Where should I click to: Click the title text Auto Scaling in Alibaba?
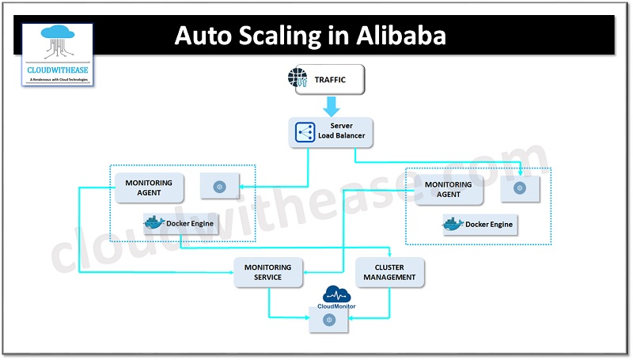tap(309, 36)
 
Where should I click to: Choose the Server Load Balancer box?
tap(331, 131)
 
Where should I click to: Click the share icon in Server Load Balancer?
tap(305, 131)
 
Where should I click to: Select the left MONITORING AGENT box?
tap(149, 188)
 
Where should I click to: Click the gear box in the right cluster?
tap(519, 188)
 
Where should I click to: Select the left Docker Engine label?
tap(189, 223)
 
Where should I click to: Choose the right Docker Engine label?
tap(488, 225)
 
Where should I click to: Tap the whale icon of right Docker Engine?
tap(453, 224)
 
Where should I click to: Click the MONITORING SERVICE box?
tap(269, 272)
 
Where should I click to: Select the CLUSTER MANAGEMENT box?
tap(390, 272)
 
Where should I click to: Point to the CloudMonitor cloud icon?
tap(335, 294)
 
